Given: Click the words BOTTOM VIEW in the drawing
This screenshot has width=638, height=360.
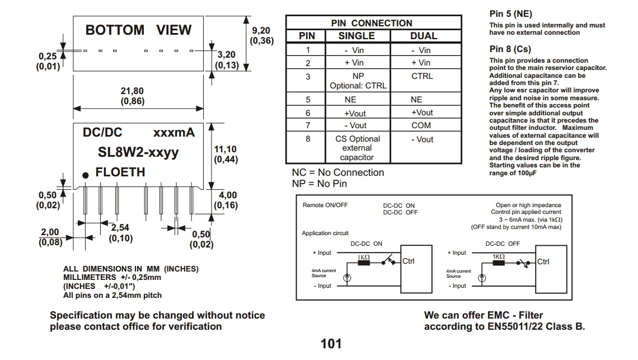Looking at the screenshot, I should pos(138,30).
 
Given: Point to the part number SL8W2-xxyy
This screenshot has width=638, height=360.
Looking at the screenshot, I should pos(138,152).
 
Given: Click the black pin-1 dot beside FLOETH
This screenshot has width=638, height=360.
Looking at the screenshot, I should pos(85,175).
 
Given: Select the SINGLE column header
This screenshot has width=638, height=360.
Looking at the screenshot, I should pos(356,36).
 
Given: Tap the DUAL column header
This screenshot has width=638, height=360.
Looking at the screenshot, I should pos(424,36).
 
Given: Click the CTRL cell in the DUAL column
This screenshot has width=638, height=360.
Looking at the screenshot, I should pos(422,76).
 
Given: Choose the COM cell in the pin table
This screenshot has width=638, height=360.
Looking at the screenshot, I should pos(421,125).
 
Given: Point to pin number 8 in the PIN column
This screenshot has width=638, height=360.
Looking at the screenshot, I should pos(307,138).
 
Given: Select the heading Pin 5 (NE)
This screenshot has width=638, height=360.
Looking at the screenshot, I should pos(510,13).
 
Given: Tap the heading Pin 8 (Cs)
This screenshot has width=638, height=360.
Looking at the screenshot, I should pos(510,49).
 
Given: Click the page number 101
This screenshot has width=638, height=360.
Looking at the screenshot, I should pos(331,343).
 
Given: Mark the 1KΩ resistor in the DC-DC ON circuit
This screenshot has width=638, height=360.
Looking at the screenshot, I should pos(364,262).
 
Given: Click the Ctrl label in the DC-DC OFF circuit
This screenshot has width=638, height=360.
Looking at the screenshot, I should pos(543,261).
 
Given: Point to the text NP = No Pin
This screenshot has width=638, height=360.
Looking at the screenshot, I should pos(320,184).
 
